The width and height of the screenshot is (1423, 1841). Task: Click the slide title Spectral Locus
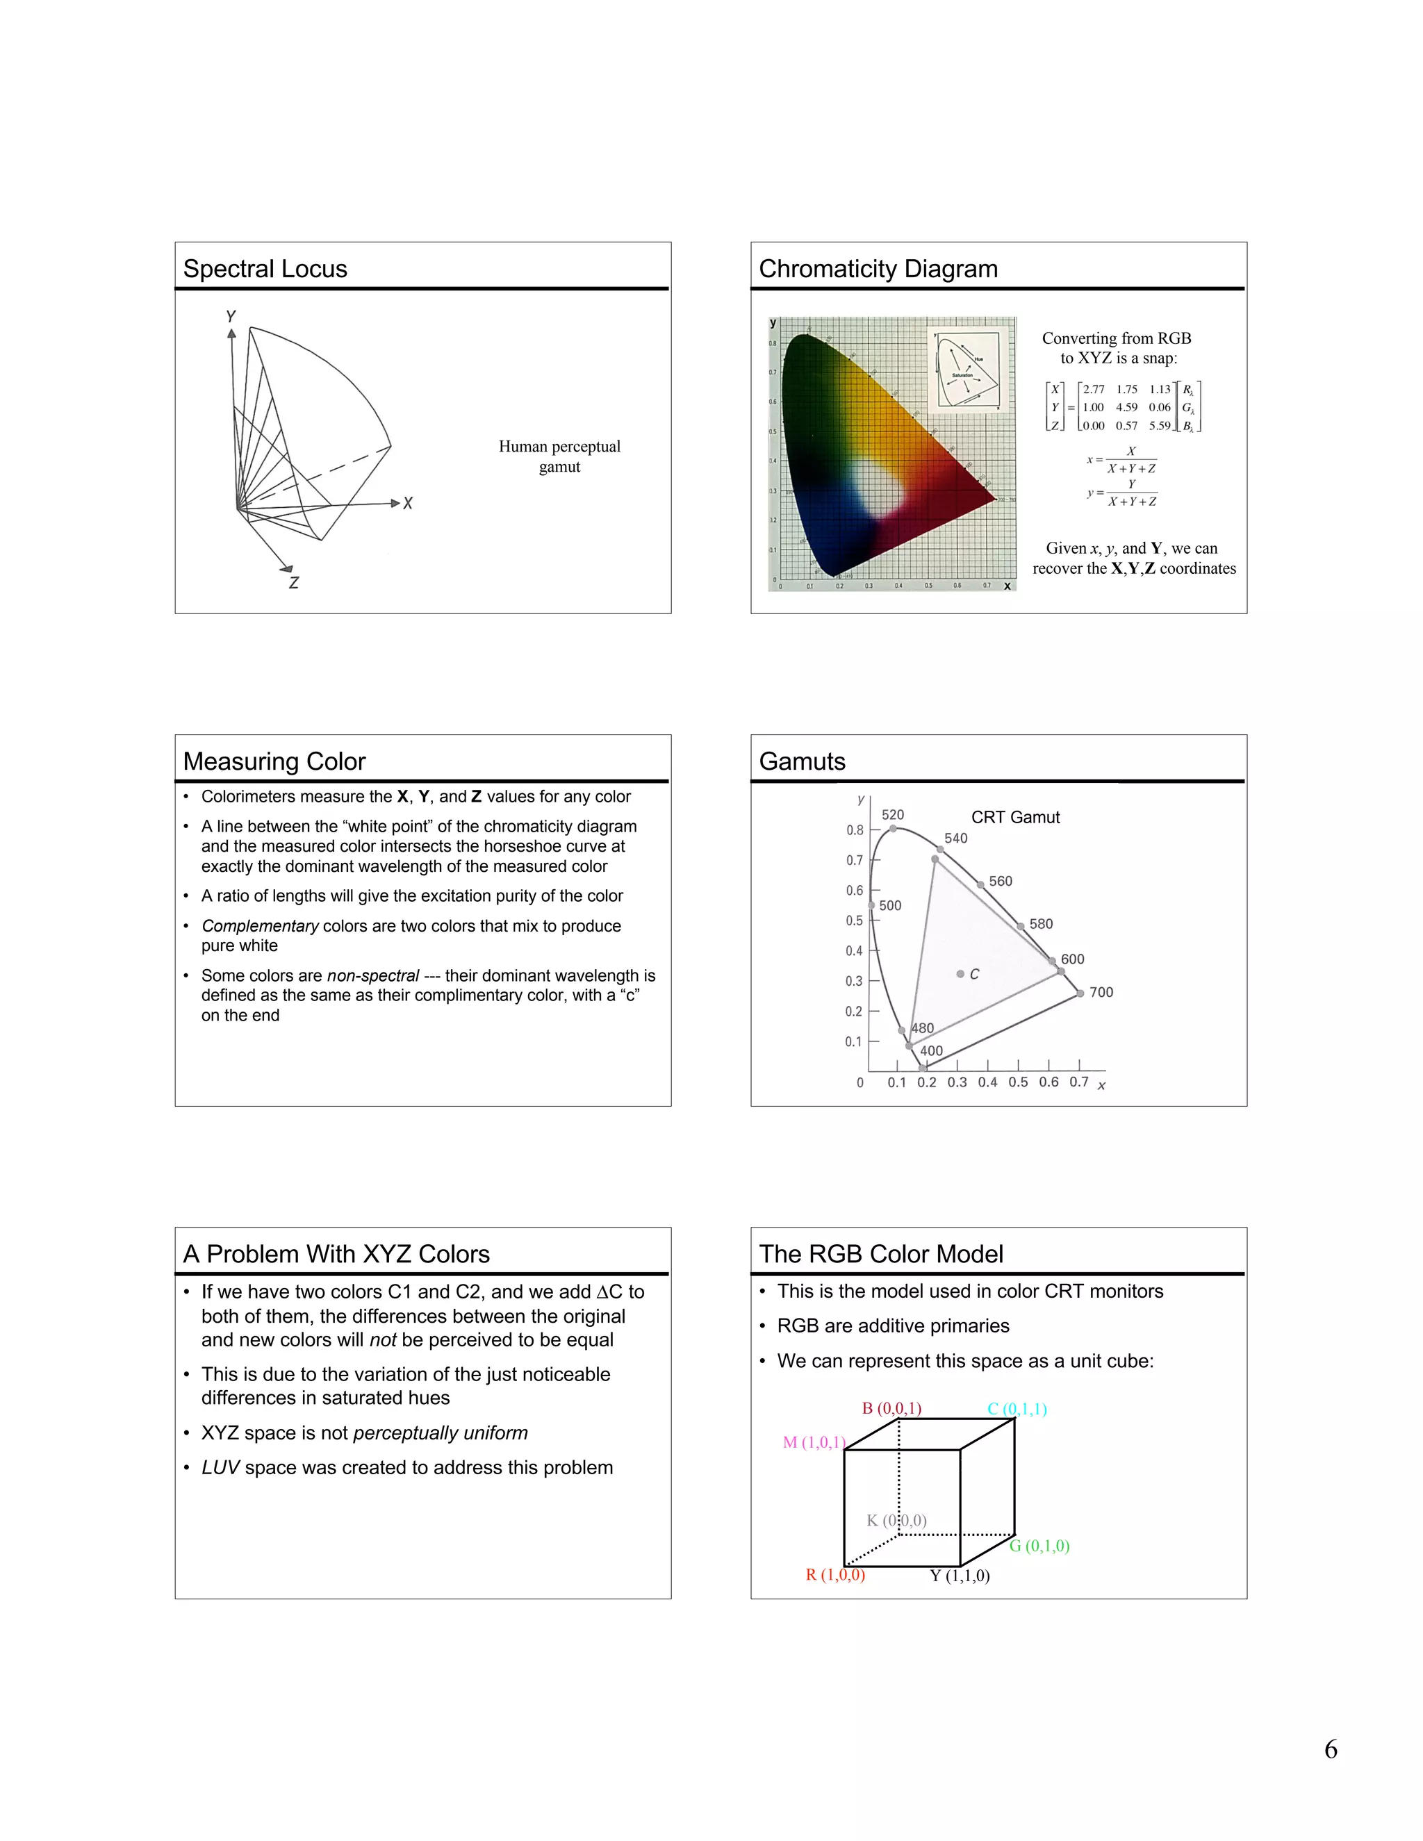265,269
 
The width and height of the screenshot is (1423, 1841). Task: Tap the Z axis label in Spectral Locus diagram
293,582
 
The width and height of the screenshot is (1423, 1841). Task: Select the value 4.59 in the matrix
1126,407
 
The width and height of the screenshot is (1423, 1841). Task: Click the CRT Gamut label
1015,817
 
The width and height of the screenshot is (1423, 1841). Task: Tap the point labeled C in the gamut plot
961,973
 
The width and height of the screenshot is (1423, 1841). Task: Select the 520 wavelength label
893,814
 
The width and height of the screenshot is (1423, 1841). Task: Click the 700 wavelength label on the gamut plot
1101,992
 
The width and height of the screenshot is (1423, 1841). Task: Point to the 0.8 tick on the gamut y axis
855,829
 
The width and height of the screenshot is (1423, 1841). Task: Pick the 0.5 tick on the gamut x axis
1019,1082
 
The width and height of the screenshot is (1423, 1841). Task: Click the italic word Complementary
260,925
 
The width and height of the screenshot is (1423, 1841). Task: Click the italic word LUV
221,1467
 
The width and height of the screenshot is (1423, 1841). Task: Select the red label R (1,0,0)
834,1575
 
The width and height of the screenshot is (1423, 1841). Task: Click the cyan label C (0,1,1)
1017,1409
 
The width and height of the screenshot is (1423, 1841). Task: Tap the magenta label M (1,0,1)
813,1442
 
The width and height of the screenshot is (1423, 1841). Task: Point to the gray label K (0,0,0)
896,1520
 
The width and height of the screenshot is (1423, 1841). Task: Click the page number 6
1331,1750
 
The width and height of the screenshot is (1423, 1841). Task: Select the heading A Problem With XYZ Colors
336,1253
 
